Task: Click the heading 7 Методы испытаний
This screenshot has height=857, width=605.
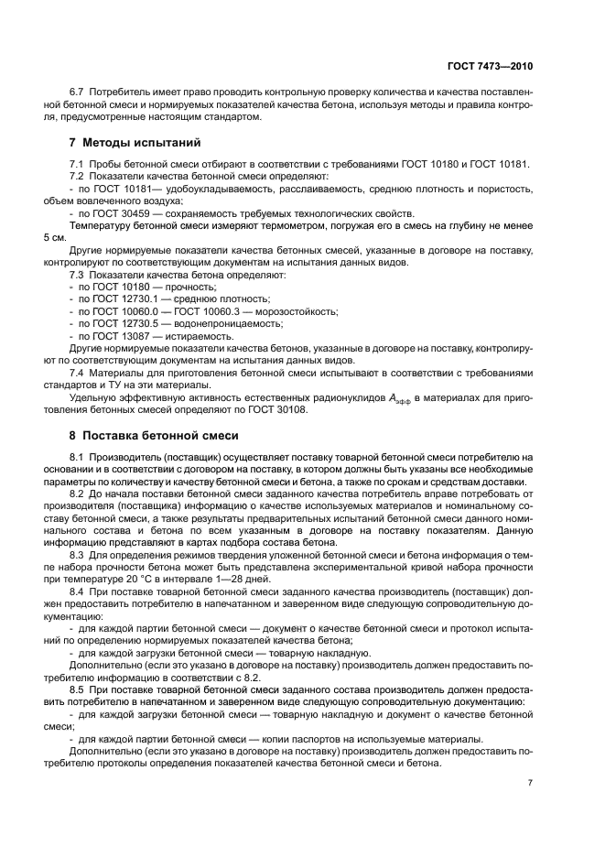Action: click(135, 143)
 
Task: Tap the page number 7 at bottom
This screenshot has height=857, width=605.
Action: click(531, 782)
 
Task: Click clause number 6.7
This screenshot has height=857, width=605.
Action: click(78, 93)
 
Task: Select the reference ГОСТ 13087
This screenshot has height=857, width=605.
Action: click(113, 335)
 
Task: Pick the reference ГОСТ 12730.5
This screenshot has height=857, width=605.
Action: click(118, 323)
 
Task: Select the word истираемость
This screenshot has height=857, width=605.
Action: click(195, 335)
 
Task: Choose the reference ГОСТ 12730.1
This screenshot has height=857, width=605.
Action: click(118, 298)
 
